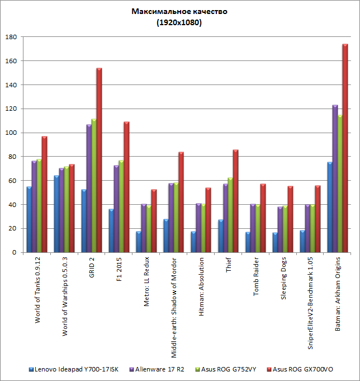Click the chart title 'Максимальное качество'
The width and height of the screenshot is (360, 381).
pyautogui.click(x=180, y=11)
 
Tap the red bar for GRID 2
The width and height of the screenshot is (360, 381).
pyautogui.click(x=99, y=160)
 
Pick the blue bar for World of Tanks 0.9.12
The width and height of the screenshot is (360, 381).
pyautogui.click(x=29, y=219)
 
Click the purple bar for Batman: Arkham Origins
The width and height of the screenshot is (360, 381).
pyautogui.click(x=335, y=178)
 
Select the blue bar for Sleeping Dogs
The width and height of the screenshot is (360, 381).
pyautogui.click(x=275, y=242)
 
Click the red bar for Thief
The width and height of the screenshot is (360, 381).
pyautogui.click(x=235, y=201)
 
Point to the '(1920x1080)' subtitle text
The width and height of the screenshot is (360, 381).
pyautogui.click(x=180, y=23)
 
